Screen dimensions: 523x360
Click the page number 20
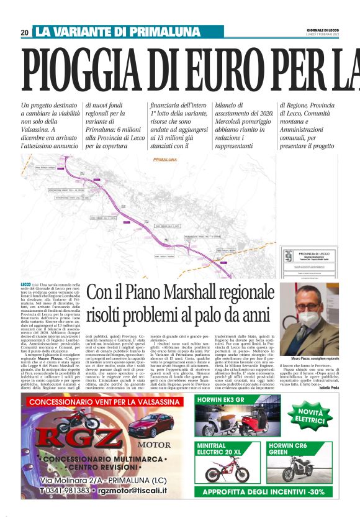pyautogui.click(x=24, y=32)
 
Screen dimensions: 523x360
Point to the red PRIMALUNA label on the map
pyautogui.click(x=163, y=160)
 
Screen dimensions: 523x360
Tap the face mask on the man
pyautogui.click(x=308, y=319)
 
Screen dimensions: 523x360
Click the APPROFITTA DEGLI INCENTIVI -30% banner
pyautogui.click(x=268, y=491)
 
